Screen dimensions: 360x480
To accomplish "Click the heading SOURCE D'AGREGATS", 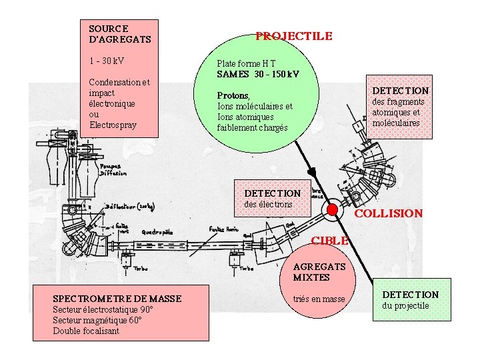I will (x=119, y=34).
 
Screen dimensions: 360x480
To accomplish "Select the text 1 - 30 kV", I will (x=106, y=61).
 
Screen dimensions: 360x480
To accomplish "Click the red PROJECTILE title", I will (x=293, y=36).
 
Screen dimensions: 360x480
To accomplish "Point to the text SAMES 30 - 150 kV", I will (x=257, y=73).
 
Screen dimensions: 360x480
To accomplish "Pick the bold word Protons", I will (x=233, y=95).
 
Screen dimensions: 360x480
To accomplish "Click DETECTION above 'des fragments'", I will (x=400, y=90).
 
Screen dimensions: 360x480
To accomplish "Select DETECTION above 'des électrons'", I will (x=273, y=193).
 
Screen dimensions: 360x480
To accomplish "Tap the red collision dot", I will (x=332, y=211).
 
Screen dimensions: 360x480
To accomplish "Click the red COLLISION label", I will (x=388, y=213).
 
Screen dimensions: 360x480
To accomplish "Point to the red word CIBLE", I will (x=330, y=241).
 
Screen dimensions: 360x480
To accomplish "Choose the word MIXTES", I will (x=311, y=277).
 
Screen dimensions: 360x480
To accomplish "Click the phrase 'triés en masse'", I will (x=319, y=299).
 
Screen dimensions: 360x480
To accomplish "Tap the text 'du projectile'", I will (x=405, y=306).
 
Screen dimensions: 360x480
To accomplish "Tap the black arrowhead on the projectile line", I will (x=311, y=171).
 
